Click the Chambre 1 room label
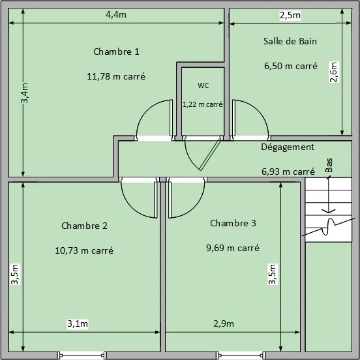(116, 52)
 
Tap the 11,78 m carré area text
(116, 76)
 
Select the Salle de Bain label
(290, 41)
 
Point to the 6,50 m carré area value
(291, 66)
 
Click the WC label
(203, 85)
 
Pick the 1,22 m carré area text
(203, 104)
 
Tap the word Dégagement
(288, 147)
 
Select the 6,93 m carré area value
(288, 172)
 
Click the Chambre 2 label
(84, 226)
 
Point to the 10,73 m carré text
(84, 250)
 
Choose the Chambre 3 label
(233, 223)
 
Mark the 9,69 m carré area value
(233, 248)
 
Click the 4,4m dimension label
(116, 15)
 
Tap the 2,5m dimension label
(290, 16)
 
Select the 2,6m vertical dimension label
(334, 72)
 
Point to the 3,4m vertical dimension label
(25, 93)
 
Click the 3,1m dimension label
(78, 323)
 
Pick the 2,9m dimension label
(224, 323)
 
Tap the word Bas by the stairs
(329, 165)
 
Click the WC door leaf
(211, 155)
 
